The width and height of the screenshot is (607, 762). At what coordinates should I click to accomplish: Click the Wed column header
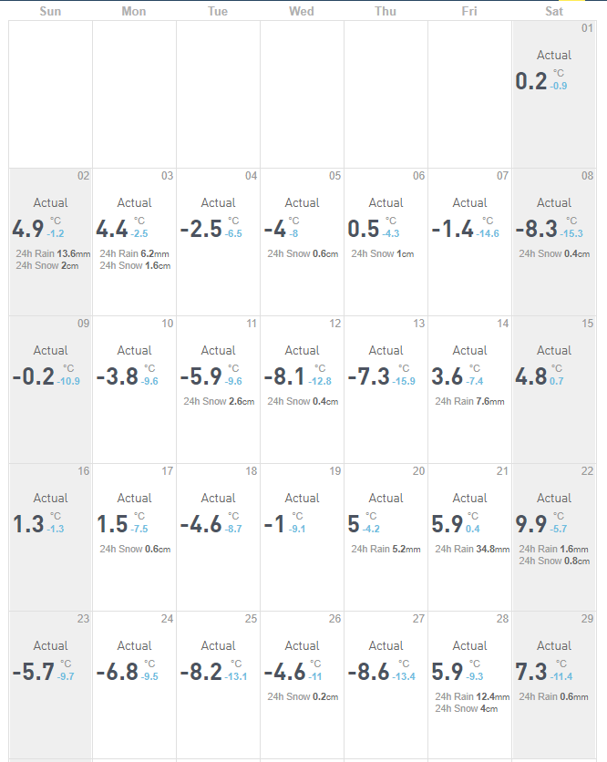tap(302, 11)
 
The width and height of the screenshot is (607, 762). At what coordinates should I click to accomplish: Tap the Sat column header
tap(554, 11)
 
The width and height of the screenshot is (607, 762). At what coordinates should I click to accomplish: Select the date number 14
tap(502, 324)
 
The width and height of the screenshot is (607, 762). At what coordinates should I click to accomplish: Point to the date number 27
tap(418, 619)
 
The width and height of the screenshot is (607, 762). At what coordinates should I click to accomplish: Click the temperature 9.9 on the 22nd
tap(531, 524)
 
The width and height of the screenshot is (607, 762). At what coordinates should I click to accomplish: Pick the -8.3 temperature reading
tap(536, 229)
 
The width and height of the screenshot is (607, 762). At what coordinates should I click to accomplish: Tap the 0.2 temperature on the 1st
tap(531, 81)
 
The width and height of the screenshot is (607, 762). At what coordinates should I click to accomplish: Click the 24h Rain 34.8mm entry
tap(470, 550)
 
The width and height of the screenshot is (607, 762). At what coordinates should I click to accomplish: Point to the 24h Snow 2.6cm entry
tap(219, 401)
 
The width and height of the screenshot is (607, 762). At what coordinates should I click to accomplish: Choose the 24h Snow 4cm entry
tap(466, 708)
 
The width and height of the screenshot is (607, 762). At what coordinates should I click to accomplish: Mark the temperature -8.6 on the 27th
tap(368, 672)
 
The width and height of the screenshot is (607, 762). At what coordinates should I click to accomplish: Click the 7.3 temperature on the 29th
tap(531, 672)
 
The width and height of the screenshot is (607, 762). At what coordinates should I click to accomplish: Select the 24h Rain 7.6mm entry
tap(469, 401)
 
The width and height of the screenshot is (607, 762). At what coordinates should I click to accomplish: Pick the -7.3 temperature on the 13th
tap(368, 376)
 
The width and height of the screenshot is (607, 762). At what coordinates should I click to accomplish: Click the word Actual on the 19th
tap(302, 498)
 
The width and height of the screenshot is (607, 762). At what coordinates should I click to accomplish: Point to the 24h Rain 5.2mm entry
tap(386, 550)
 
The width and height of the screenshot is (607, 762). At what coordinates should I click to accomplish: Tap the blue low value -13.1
tap(237, 676)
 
